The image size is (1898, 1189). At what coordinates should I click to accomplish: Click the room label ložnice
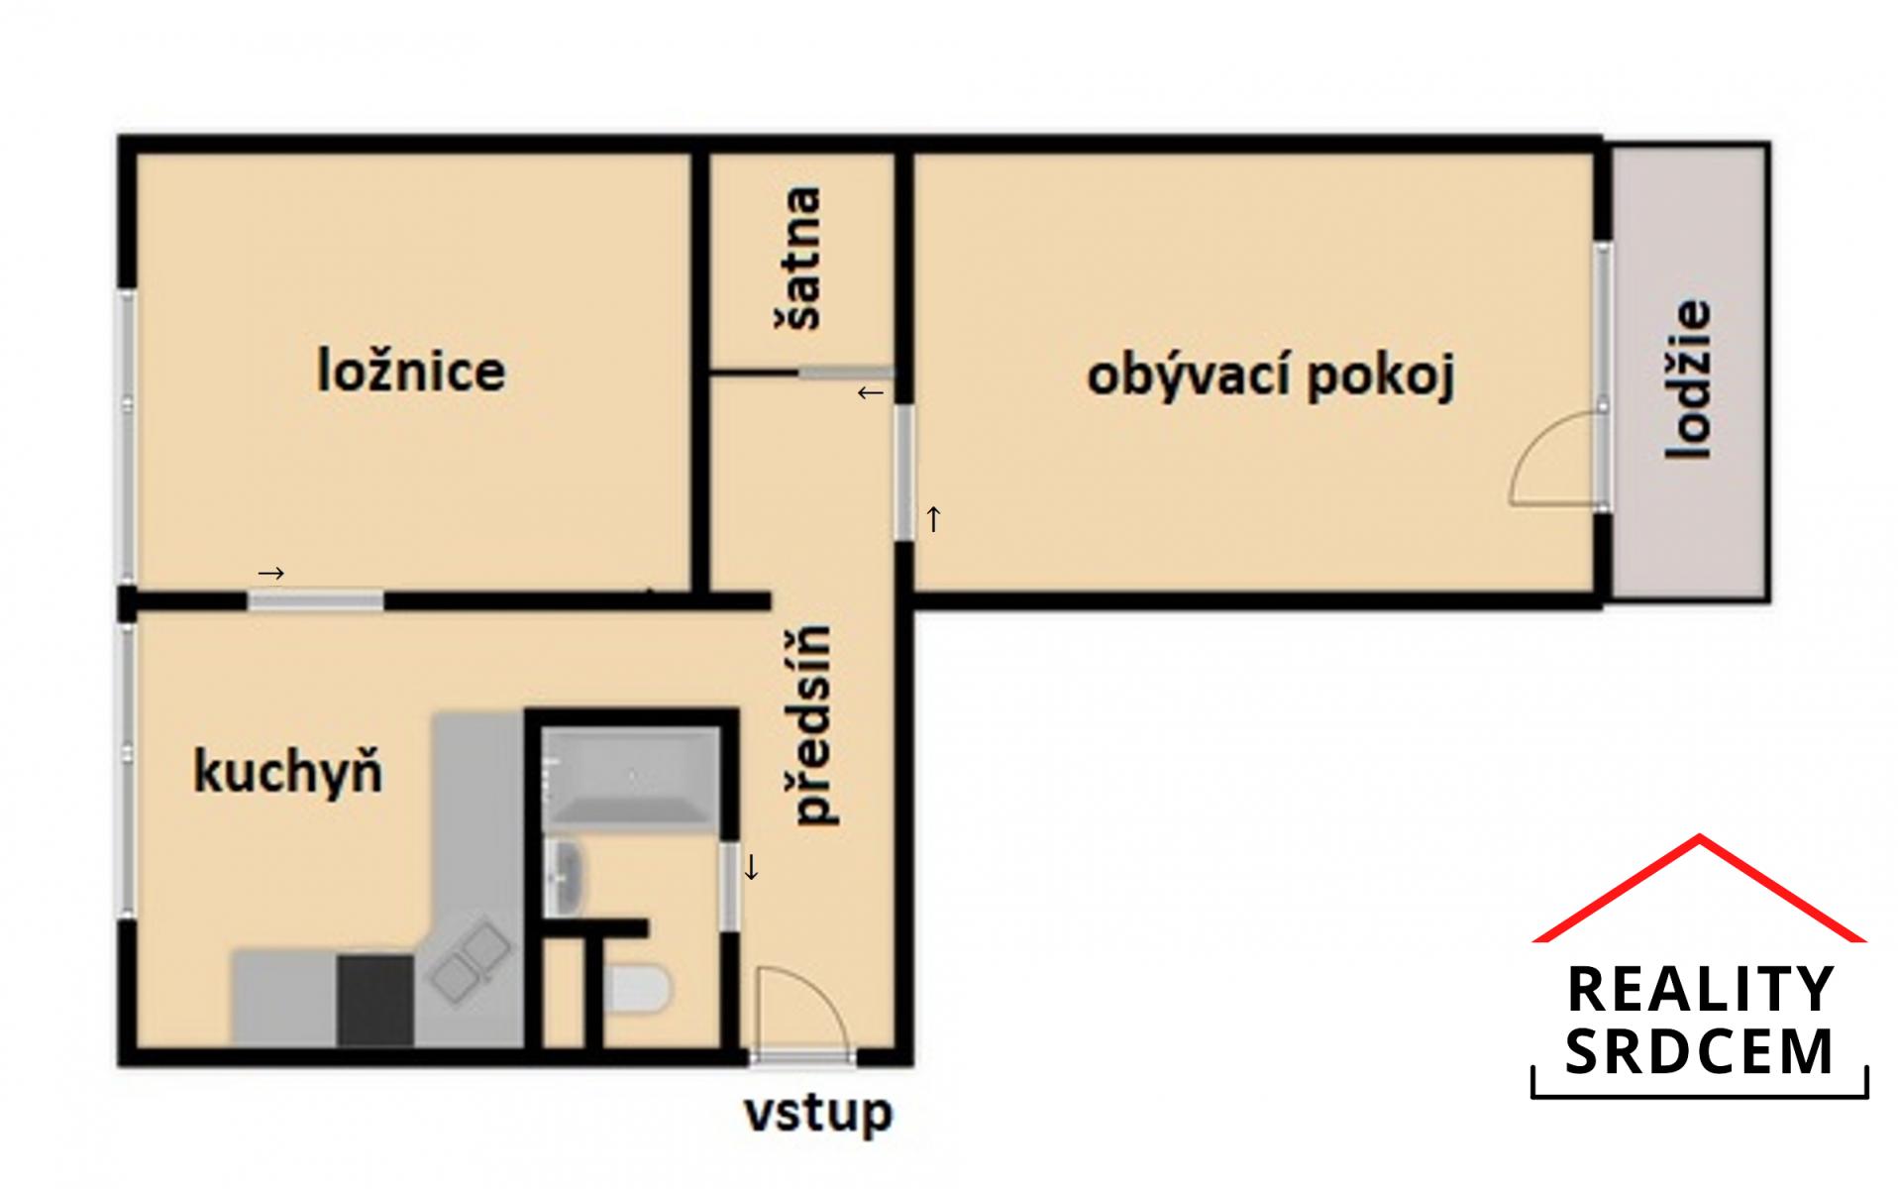[411, 372]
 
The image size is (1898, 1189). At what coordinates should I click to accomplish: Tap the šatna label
[797, 258]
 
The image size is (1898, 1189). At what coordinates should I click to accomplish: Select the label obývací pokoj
[1271, 377]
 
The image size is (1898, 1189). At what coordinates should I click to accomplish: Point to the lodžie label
[1688, 379]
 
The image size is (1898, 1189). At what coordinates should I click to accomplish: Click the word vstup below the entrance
[818, 1114]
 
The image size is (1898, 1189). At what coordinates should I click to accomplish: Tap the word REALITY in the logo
[1700, 989]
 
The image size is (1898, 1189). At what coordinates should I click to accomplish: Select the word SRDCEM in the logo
[1700, 1051]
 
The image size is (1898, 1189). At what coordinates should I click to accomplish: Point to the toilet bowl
[638, 990]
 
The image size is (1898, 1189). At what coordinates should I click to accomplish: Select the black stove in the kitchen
[374, 1000]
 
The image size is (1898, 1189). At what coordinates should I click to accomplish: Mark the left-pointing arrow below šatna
[870, 393]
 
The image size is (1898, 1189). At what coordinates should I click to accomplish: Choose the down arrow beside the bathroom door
[751, 868]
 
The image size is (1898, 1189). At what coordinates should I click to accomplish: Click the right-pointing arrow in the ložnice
[271, 573]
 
